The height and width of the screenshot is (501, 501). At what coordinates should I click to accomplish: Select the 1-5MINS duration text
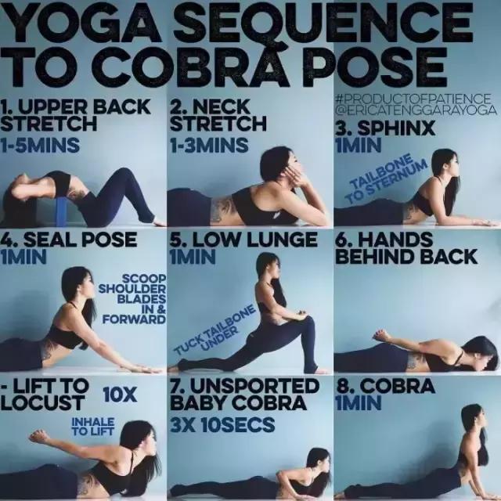40,146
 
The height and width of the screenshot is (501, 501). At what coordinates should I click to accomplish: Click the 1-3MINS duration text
209,146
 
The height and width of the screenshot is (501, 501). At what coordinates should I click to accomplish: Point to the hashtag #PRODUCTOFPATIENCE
413,98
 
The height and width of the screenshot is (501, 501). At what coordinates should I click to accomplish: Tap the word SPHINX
396,128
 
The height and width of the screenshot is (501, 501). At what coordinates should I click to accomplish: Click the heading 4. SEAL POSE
69,240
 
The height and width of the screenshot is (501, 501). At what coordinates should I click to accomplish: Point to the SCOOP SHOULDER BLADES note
132,299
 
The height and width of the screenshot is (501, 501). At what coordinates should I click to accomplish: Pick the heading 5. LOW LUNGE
243,240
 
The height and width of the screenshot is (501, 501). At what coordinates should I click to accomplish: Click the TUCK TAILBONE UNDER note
214,330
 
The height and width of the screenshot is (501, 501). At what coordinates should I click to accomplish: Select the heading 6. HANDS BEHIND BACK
406,248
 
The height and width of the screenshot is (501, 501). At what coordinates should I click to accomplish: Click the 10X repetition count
120,395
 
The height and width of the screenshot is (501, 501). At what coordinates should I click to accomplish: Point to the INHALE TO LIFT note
92,426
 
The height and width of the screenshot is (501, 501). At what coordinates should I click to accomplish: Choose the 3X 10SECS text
222,424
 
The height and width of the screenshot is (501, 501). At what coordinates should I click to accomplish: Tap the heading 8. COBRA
385,386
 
